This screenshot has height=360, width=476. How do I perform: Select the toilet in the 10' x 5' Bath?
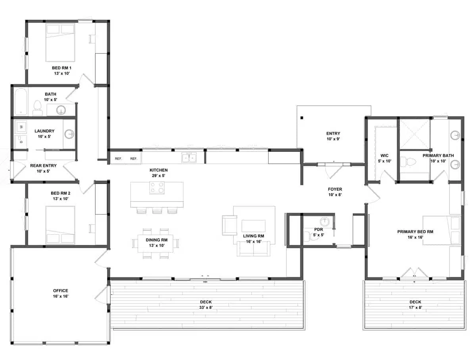coord(38,107)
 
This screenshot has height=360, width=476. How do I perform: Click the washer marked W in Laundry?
coord(20,127)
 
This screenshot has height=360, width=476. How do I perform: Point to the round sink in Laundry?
coord(69,134)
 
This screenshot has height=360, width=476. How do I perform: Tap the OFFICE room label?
coord(60,291)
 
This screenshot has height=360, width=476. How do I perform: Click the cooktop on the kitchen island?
coord(157,188)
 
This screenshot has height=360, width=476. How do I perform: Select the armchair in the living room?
coord(229,225)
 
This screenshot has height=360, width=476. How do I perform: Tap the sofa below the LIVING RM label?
coord(253,248)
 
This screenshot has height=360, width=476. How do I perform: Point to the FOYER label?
coord(335,190)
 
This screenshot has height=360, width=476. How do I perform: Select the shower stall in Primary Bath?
coord(414,134)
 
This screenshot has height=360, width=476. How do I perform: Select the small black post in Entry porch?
coord(302,117)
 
